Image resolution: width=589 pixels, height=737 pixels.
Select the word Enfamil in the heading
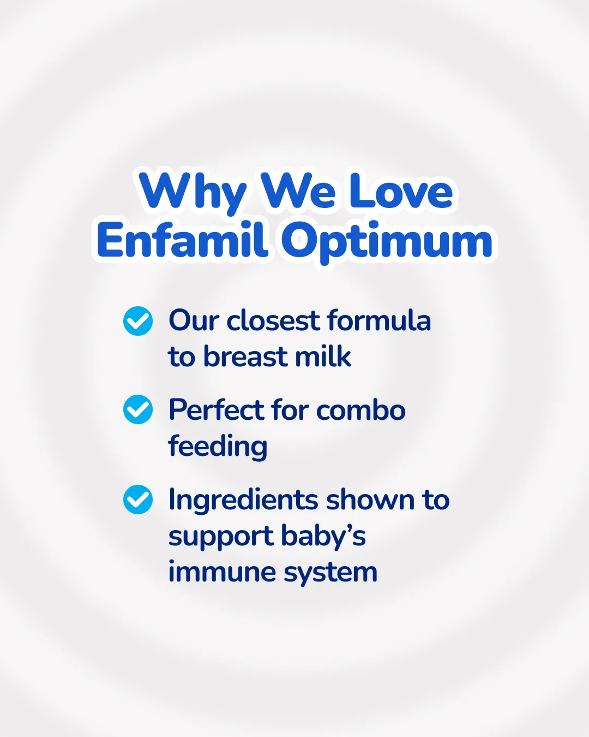coord(182,239)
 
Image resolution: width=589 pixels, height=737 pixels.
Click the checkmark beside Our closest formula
coord(138,321)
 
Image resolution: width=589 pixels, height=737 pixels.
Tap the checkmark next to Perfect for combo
coord(138,409)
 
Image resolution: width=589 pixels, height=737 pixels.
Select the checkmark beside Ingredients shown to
coord(138,500)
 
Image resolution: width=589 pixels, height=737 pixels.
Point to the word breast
coord(245,356)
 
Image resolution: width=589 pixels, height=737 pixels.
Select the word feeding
coord(218,447)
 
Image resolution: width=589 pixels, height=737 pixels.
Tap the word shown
coord(370,500)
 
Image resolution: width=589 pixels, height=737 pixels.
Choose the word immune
coord(222,572)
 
